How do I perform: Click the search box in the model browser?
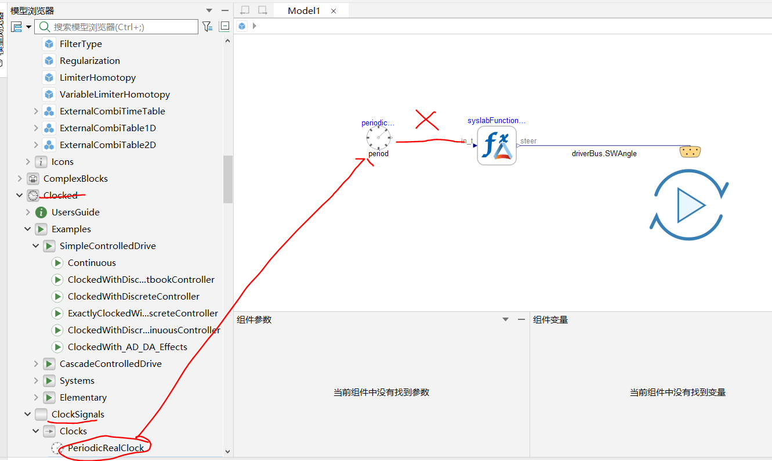coord(116,27)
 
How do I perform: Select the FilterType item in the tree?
coord(81,44)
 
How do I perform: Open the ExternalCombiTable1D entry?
coord(107,128)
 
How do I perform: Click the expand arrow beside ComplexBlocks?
coord(20,178)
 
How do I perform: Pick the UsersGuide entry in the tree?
coord(75,213)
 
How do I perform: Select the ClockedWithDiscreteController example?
coord(133,297)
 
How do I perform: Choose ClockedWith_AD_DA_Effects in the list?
coord(127,347)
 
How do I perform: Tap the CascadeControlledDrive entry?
coord(110,363)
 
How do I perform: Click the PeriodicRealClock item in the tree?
coord(106,448)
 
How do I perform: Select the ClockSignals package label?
coord(78,414)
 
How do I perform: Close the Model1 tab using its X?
coord(334,11)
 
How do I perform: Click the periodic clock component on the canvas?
coord(378,138)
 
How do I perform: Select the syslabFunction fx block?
coord(496,146)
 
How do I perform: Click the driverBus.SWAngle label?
coord(604,153)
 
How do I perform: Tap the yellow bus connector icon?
coord(690,152)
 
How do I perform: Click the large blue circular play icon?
coord(689,204)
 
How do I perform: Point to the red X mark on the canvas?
coord(427,120)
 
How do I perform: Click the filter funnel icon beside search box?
coord(207,27)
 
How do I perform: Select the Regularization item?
coord(89,61)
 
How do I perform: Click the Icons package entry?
coord(62,162)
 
